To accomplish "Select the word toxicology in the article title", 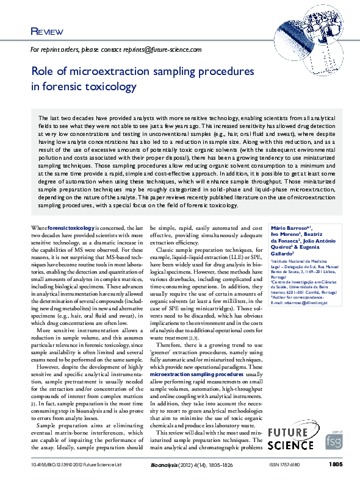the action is click(x=105, y=87).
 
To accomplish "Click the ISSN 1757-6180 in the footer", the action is click(x=285, y=465).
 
